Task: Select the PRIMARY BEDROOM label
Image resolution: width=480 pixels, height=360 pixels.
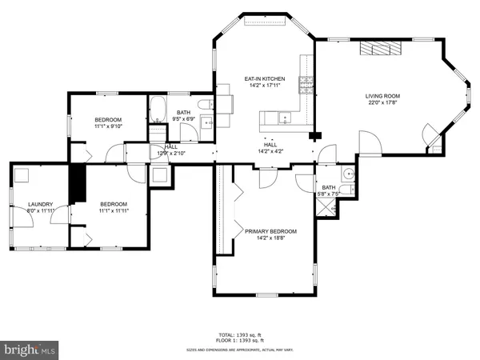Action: (270, 231)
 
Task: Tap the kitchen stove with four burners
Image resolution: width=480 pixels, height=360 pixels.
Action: (305, 82)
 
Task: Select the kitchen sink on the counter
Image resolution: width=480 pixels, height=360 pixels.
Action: (283, 118)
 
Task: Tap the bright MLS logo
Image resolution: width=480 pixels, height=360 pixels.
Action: (30, 350)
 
